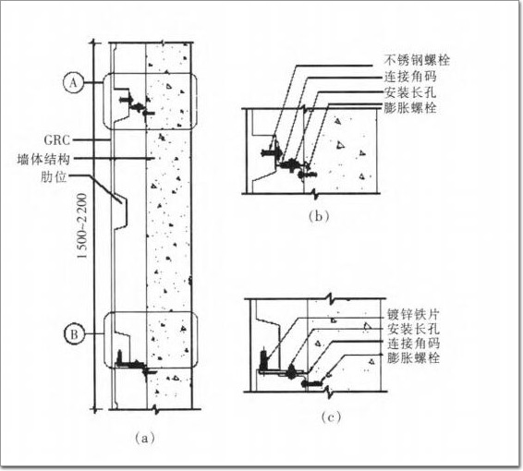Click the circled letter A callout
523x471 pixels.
(x=73, y=83)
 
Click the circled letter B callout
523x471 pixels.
(x=74, y=334)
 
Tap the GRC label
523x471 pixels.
(x=57, y=140)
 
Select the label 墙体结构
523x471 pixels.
(x=43, y=160)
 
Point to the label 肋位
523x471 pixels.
(x=54, y=177)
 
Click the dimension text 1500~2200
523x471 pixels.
(x=82, y=226)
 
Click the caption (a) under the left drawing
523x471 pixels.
(x=145, y=438)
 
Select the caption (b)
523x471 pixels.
(x=319, y=217)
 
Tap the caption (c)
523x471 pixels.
(x=331, y=417)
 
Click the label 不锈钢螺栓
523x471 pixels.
(x=417, y=60)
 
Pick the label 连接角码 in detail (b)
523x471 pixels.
(x=410, y=77)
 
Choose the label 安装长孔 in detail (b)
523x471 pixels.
(x=410, y=92)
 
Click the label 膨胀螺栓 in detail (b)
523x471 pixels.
(x=410, y=108)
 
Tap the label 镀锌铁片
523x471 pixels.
(x=414, y=314)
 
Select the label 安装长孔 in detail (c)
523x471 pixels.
(x=414, y=329)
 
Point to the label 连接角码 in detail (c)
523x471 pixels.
(x=414, y=344)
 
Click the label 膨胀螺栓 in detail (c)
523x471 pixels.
(x=414, y=358)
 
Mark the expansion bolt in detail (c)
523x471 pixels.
(x=311, y=383)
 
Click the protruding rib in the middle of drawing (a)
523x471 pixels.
(x=121, y=211)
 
